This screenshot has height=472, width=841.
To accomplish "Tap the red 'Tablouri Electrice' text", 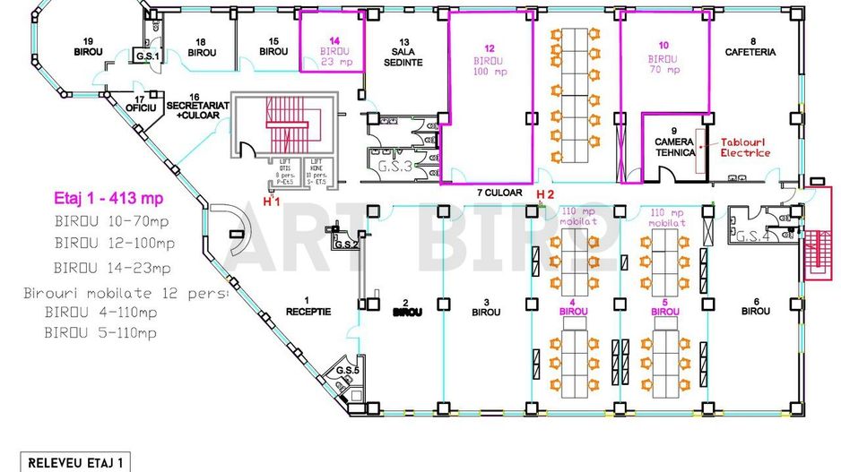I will coord(745,147).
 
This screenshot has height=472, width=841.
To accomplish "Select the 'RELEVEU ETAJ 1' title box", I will coord(76,463).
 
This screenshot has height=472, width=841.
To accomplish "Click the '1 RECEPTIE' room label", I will coord(308,306).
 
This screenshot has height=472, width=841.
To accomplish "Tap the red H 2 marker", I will coord(545,194).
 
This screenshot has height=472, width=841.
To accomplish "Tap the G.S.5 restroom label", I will coord(346,371).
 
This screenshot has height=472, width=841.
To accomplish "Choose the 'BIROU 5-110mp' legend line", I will coord(100,333).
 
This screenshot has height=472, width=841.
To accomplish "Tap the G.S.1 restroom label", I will coord(146,56).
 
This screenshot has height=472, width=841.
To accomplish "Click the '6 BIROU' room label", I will coord(756,305).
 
